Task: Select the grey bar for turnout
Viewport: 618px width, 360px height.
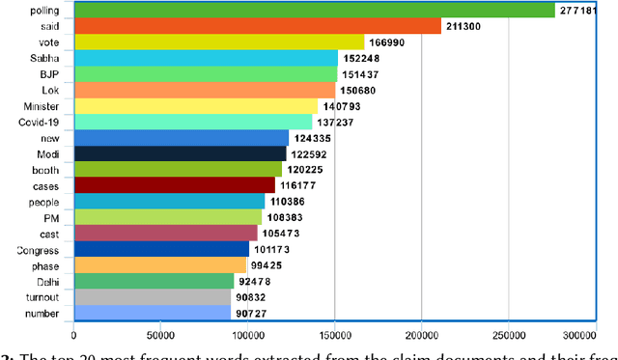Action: pyautogui.click(x=153, y=297)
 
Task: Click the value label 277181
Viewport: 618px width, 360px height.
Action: pyautogui.click(x=582, y=11)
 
